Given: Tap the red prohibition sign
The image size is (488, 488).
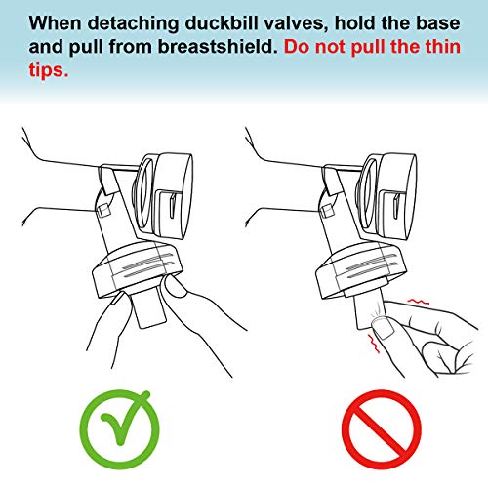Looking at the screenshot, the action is [x=382, y=429].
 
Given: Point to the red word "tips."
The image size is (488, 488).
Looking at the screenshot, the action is [x=49, y=70].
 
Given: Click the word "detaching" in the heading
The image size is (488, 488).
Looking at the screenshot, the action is [x=133, y=24].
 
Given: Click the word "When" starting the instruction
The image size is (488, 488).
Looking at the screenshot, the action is [x=56, y=23].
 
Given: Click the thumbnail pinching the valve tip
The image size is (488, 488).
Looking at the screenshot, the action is [x=383, y=328].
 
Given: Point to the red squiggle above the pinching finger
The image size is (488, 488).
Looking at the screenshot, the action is [x=418, y=302].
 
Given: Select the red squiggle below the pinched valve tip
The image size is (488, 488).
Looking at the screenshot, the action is [x=373, y=344].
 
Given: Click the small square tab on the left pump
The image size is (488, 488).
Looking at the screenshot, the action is [x=103, y=210].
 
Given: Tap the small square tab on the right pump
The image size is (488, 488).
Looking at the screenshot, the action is [x=326, y=211].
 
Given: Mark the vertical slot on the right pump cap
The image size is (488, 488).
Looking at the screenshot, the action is [x=396, y=206].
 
